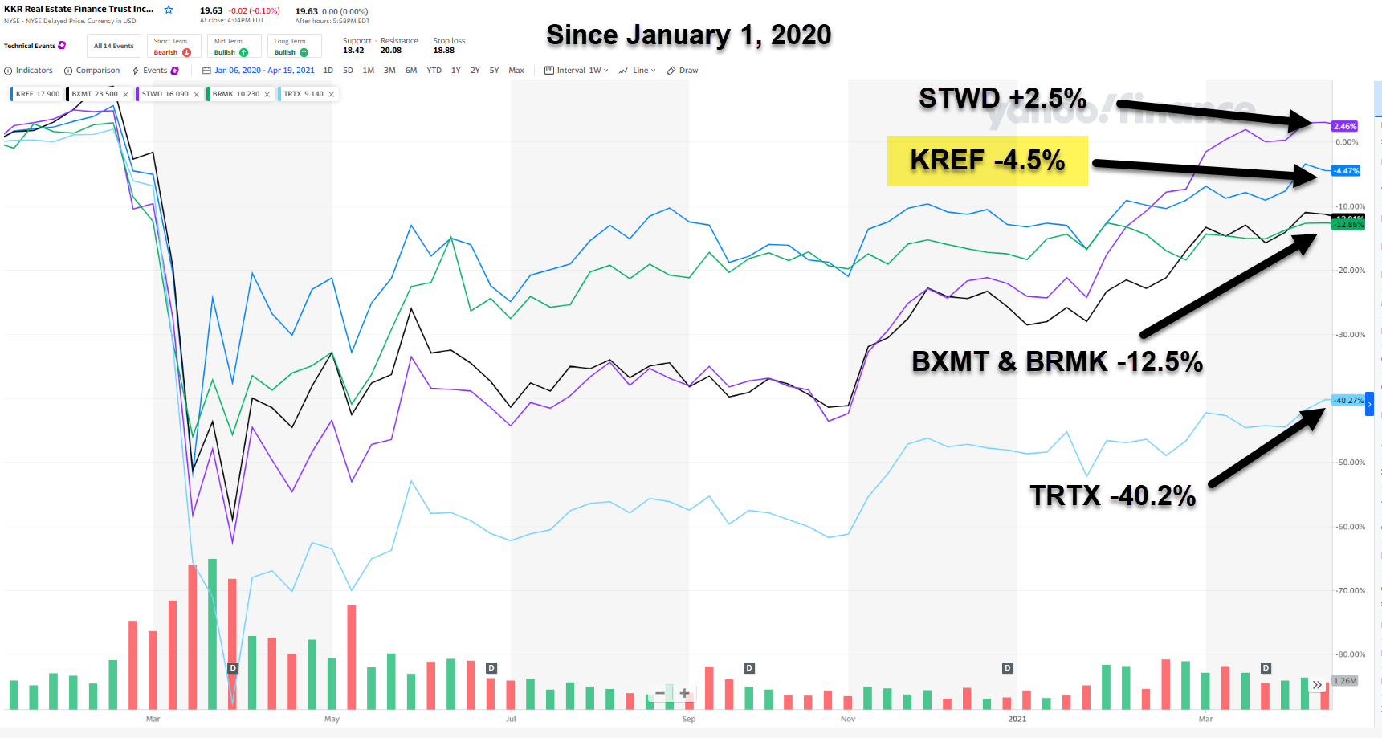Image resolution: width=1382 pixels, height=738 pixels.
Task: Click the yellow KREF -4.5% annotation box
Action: (x=987, y=161)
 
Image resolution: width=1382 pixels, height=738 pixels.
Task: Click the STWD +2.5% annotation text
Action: (x=1002, y=99)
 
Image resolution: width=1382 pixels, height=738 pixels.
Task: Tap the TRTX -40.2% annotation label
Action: (x=1112, y=495)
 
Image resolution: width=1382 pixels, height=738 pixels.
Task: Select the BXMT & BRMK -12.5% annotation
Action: (x=1057, y=362)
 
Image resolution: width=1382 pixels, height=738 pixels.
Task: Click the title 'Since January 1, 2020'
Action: (x=688, y=35)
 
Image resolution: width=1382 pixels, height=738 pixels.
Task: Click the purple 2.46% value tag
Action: (x=1344, y=126)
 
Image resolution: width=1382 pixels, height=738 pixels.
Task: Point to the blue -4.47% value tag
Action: (x=1346, y=170)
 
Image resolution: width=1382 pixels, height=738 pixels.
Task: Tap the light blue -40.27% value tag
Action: (x=1348, y=400)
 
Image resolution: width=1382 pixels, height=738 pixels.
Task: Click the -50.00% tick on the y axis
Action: (x=1350, y=463)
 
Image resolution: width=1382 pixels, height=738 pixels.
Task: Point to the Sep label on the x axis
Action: (x=688, y=719)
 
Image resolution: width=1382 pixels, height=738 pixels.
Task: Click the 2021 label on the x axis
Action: (x=1017, y=719)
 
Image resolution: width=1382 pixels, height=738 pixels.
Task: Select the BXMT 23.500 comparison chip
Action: (x=96, y=94)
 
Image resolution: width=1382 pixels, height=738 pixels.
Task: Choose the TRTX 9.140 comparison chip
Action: (x=304, y=94)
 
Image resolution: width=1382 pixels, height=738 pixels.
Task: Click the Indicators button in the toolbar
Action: (x=29, y=71)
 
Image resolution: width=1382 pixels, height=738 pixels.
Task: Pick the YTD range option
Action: (x=434, y=71)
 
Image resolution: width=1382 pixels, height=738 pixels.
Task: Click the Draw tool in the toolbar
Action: (x=683, y=71)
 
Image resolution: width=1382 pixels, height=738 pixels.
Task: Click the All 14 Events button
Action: (x=113, y=46)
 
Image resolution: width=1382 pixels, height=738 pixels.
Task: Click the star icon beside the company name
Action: (x=169, y=10)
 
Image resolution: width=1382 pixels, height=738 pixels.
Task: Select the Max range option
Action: (x=516, y=71)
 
